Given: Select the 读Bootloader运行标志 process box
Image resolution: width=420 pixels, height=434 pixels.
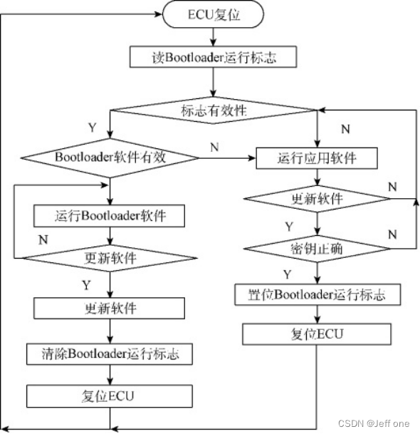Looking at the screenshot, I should (x=213, y=58).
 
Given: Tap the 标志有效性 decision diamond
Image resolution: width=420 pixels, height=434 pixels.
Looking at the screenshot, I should (x=213, y=110).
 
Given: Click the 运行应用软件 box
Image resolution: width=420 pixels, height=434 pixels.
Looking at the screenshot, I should (x=316, y=157).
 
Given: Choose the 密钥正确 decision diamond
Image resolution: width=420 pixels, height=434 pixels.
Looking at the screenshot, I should (x=316, y=249).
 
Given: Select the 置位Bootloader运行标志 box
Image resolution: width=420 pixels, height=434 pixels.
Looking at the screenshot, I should (x=316, y=294).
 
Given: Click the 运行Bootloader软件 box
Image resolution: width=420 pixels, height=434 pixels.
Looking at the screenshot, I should (x=110, y=215).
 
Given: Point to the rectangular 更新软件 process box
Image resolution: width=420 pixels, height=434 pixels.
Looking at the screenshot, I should (x=110, y=309).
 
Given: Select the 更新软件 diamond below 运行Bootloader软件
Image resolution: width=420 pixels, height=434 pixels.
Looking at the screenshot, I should (x=110, y=256).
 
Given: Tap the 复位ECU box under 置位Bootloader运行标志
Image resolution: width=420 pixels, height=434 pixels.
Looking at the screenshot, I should (x=316, y=334).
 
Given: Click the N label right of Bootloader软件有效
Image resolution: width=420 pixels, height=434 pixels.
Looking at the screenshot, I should (x=214, y=146).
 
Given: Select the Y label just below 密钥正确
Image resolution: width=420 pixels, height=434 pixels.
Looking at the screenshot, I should (x=287, y=274).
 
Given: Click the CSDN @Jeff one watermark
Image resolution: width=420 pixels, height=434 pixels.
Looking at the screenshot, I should (x=374, y=423).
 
